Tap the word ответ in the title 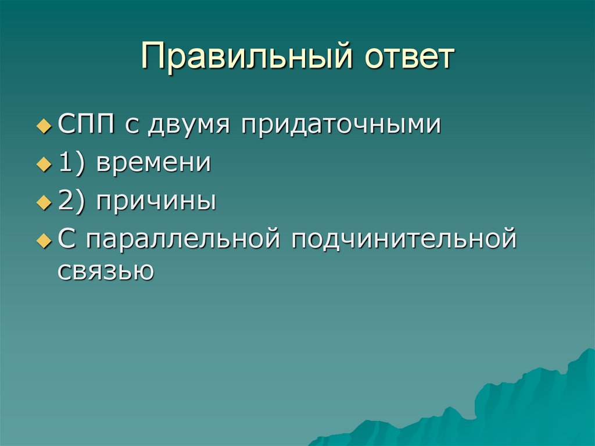click(408, 59)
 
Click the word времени click(153, 163)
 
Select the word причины click(157, 202)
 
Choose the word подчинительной click(404, 240)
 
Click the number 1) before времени click(73, 163)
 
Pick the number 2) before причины click(73, 201)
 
